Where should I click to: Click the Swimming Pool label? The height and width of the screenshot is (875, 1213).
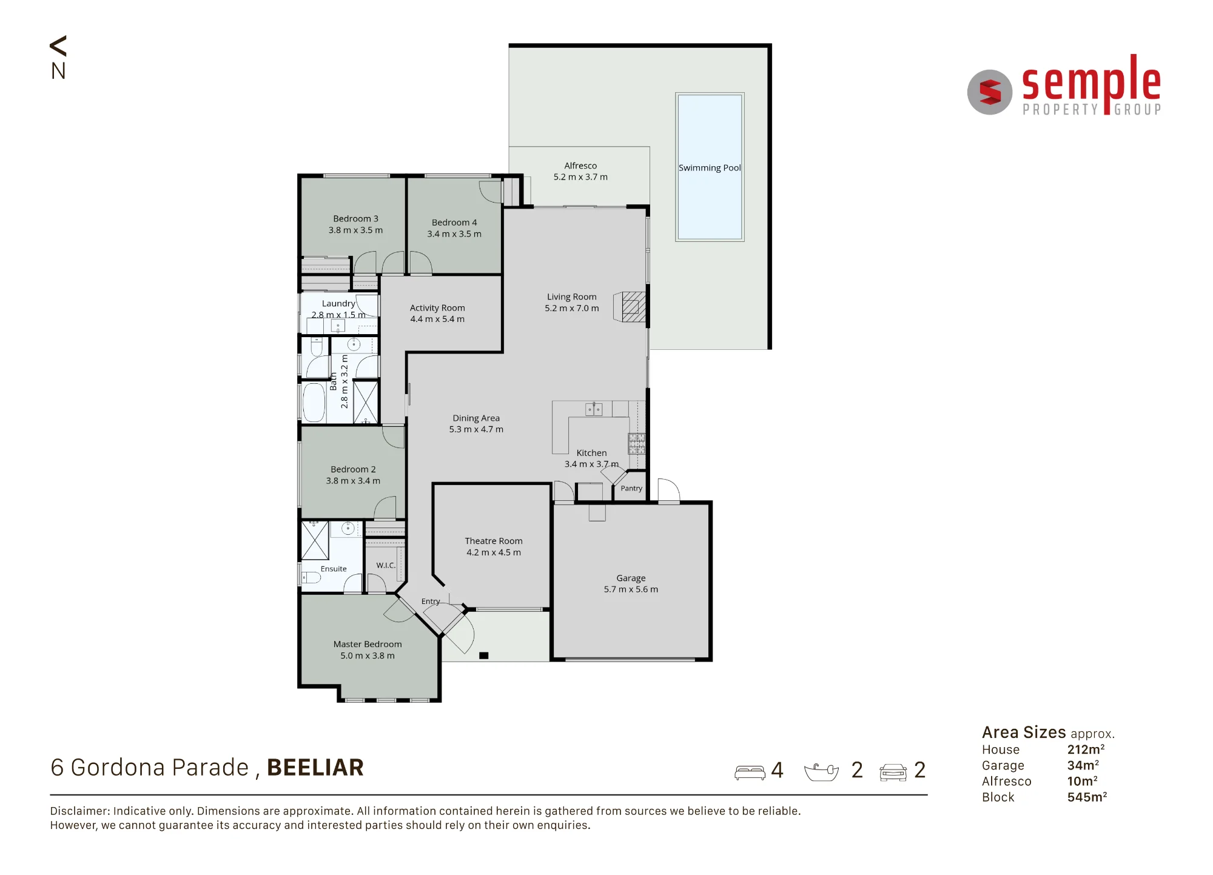pyautogui.click(x=710, y=168)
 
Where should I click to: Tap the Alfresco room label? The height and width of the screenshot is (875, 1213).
pyautogui.click(x=580, y=166)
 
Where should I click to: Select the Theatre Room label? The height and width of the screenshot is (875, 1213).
pyautogui.click(x=494, y=541)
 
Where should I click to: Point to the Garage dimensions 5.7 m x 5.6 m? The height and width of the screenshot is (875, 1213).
pyautogui.click(x=631, y=589)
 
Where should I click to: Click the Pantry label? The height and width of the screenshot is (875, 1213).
pyautogui.click(x=631, y=488)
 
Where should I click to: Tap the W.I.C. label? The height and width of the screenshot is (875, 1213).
pyautogui.click(x=386, y=565)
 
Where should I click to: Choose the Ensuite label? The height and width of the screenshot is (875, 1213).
pyautogui.click(x=334, y=569)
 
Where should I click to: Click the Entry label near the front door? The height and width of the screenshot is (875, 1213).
pyautogui.click(x=431, y=602)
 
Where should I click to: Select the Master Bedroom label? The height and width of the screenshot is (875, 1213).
pyautogui.click(x=368, y=644)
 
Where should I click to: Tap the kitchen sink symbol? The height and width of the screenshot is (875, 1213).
pyautogui.click(x=594, y=410)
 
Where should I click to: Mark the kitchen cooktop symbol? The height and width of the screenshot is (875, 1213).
pyautogui.click(x=636, y=444)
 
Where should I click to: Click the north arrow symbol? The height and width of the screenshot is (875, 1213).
pyautogui.click(x=58, y=46)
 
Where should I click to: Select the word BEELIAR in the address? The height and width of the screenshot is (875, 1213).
pyautogui.click(x=315, y=768)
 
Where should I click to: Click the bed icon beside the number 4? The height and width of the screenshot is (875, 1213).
pyautogui.click(x=750, y=773)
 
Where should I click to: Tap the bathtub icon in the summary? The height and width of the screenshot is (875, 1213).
pyautogui.click(x=821, y=772)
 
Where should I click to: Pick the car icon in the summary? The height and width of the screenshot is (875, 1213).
pyautogui.click(x=893, y=773)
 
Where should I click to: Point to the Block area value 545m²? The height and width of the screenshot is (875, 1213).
pyautogui.click(x=1087, y=797)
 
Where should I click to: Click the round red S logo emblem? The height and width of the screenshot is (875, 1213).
pyautogui.click(x=990, y=92)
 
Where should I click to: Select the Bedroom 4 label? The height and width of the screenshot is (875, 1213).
pyautogui.click(x=454, y=223)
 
